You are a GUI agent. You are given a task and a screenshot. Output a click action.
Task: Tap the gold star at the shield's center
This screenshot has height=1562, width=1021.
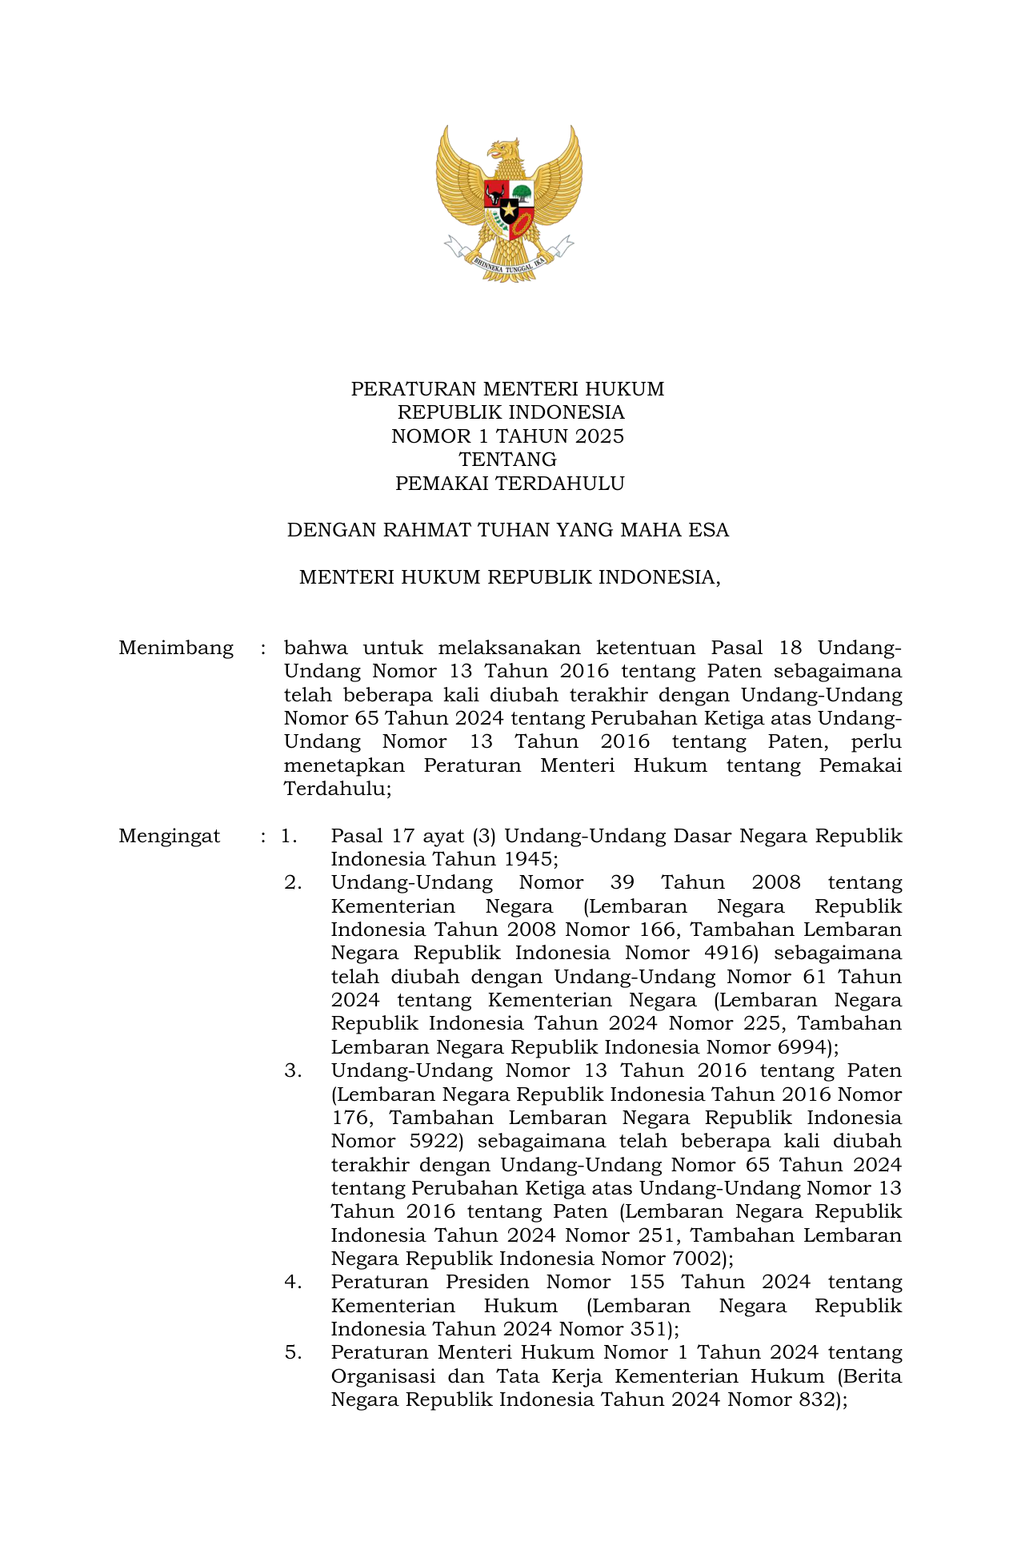pos(509,210)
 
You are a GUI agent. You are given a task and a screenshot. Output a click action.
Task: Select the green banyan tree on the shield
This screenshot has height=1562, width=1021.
pos(522,192)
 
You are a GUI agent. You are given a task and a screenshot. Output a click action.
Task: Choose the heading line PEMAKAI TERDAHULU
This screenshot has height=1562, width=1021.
pos(510,484)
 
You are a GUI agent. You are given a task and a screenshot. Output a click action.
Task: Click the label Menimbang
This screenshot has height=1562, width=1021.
pos(176,648)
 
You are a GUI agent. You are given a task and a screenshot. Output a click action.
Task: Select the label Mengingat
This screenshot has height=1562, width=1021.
pos(170,837)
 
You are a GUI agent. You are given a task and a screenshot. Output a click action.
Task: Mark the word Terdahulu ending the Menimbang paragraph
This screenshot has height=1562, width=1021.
pos(335,789)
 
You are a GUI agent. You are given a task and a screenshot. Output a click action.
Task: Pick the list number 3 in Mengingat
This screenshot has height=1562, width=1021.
pos(293,1071)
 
